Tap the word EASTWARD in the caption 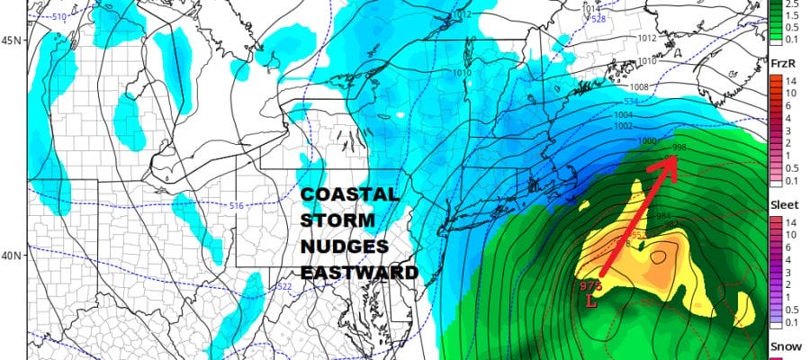coord(359,272)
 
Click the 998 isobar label coord(680,147)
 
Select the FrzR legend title coord(781,62)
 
